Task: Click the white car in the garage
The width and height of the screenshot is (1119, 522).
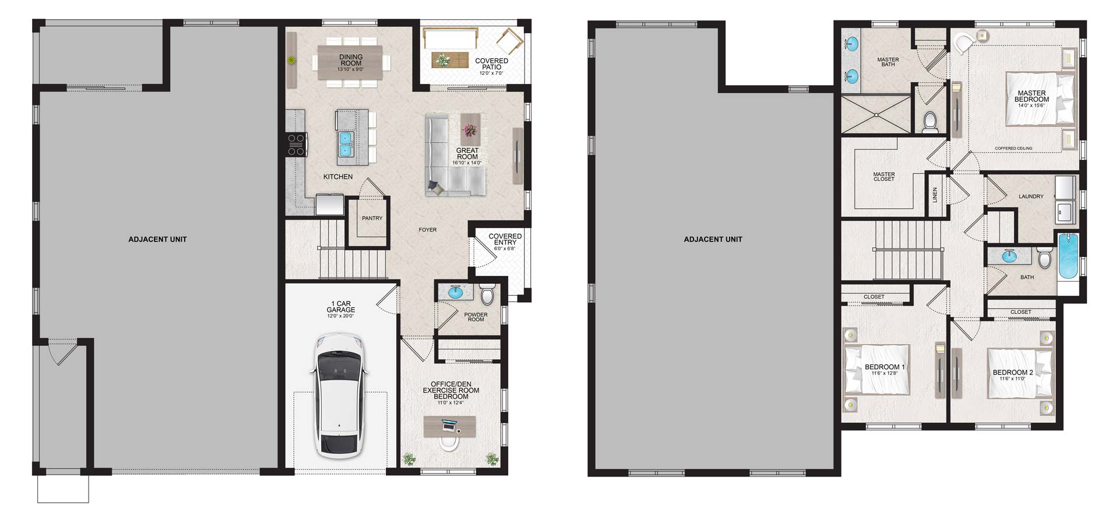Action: [x=340, y=395]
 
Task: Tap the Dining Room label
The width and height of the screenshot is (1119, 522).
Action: [x=351, y=60]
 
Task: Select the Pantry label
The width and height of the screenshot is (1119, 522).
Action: [x=372, y=218]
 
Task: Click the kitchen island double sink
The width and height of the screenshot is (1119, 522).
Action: [x=346, y=144]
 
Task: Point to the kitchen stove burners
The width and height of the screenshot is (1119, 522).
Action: [x=297, y=144]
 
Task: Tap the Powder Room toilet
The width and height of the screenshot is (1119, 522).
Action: [x=487, y=295]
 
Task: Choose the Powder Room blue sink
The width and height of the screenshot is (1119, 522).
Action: [x=455, y=291]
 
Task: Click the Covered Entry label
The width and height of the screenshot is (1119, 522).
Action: [x=505, y=239]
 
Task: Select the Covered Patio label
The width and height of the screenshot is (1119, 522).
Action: [x=491, y=64]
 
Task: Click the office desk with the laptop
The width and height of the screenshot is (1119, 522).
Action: [x=449, y=426]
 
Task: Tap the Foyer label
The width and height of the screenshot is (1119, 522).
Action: [x=427, y=230]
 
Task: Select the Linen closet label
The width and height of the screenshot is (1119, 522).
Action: [x=935, y=195]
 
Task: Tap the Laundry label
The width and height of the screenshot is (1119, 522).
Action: [x=1031, y=197]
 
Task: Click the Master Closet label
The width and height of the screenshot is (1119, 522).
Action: [x=884, y=176]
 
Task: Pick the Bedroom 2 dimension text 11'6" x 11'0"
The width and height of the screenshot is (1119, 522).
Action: [x=1012, y=379]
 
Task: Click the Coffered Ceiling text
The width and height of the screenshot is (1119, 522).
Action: [x=1014, y=148]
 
